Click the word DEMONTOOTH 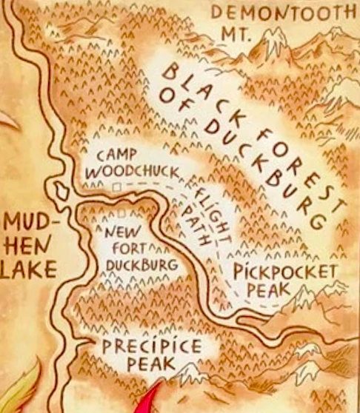click(x=283, y=12)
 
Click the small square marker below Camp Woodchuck click(x=115, y=189)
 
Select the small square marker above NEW click(x=120, y=215)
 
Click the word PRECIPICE click(x=151, y=346)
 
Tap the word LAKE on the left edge click(x=27, y=271)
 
